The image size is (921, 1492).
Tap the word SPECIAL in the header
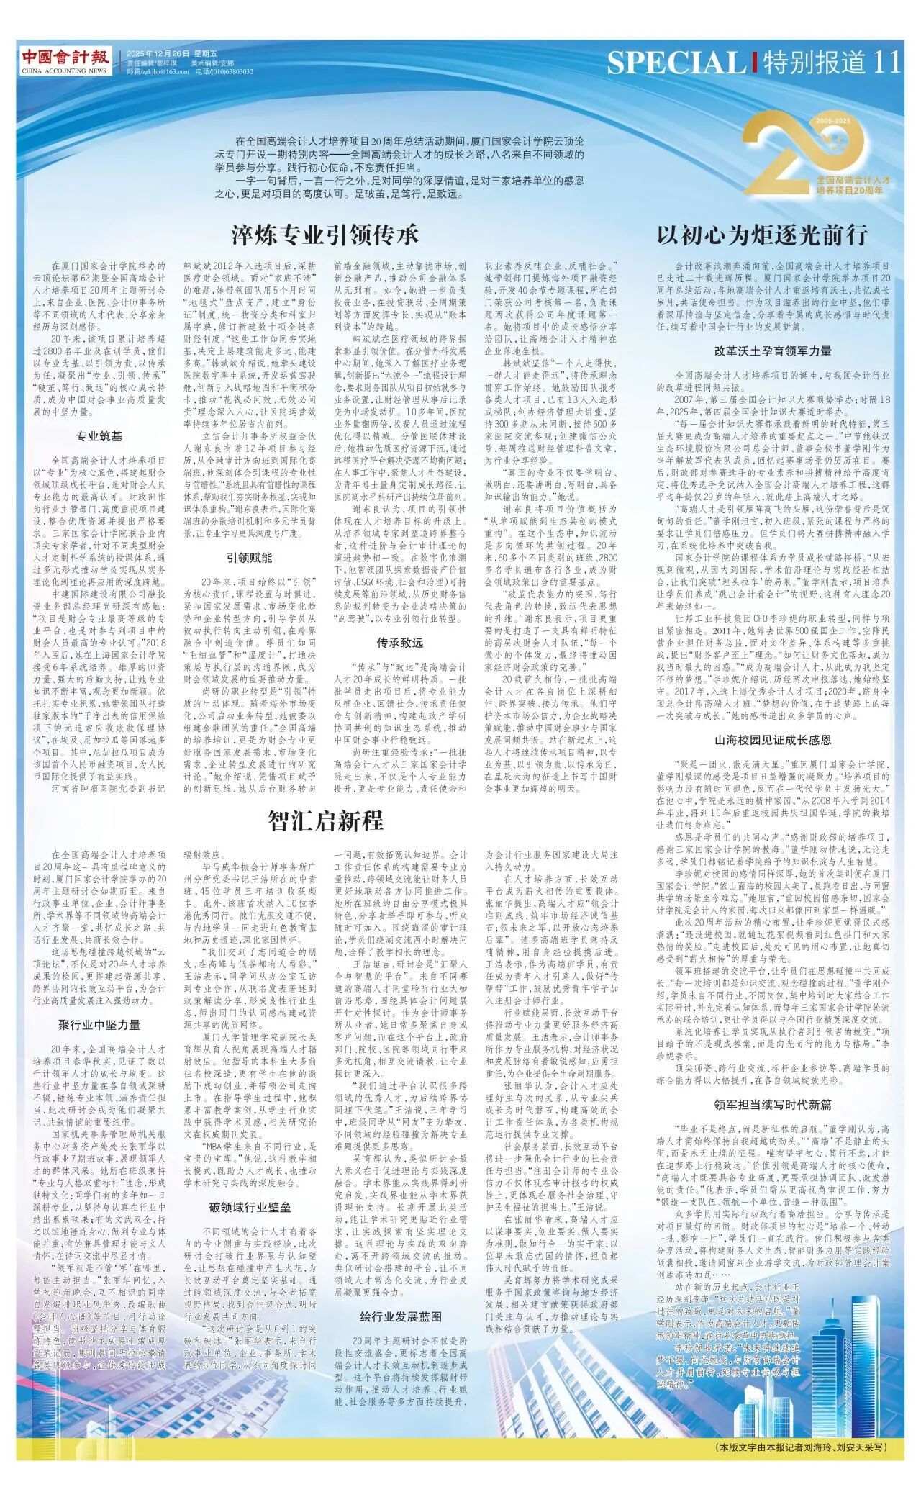676,63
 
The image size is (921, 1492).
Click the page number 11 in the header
886,63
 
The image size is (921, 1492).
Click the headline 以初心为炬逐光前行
762,235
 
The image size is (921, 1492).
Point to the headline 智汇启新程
325,820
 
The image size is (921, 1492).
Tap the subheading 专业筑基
99,436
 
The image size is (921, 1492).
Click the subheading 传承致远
399,642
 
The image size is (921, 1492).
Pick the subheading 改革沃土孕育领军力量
773,351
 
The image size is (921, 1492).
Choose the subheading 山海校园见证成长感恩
773,739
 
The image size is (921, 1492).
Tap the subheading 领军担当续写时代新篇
773,1104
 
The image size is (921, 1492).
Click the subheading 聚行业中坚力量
99,1024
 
